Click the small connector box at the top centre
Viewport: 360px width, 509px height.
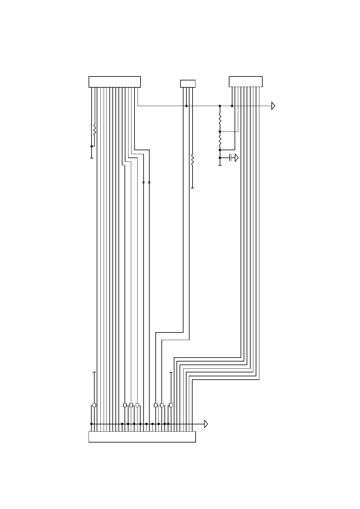click(188, 84)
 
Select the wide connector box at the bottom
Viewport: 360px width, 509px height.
click(142, 437)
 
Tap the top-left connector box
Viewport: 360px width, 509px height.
click(115, 82)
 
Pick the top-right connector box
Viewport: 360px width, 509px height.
click(245, 82)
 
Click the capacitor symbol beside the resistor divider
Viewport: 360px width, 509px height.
click(231, 158)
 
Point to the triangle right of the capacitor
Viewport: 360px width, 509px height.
click(237, 158)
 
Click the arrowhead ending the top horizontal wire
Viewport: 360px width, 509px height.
click(273, 106)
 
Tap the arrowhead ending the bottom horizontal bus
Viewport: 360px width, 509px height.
click(206, 424)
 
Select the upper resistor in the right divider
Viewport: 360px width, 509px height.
click(220, 119)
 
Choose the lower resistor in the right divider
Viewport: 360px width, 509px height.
click(220, 141)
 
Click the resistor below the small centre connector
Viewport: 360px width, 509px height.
click(192, 160)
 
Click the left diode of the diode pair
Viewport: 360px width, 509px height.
click(143, 183)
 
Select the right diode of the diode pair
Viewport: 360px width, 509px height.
click(149, 183)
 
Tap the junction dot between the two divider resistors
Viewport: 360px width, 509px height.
click(220, 132)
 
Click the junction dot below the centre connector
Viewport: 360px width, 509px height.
click(186, 106)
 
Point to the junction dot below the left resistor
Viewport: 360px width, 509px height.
click(92, 146)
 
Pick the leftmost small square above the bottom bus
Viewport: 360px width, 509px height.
click(94, 405)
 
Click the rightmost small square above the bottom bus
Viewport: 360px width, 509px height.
click(171, 405)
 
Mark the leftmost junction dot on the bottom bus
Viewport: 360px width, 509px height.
click(91, 424)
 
